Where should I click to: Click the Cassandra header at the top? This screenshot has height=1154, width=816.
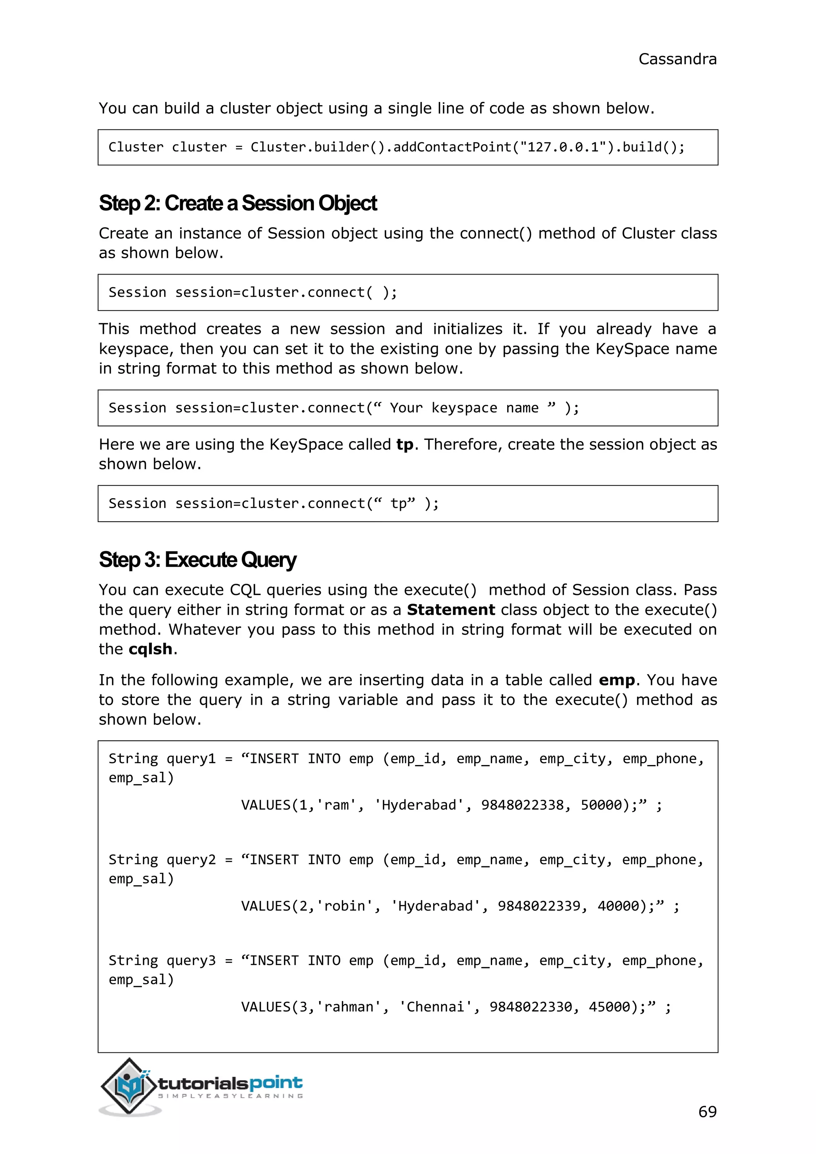click(x=677, y=59)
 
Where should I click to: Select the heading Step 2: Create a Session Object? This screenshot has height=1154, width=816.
click(x=237, y=204)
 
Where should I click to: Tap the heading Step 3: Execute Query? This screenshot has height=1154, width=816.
click(x=198, y=560)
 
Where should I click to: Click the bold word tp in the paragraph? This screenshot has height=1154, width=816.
click(x=404, y=445)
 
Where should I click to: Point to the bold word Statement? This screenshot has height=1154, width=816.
click(x=451, y=610)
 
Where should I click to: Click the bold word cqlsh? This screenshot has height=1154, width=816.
click(x=150, y=650)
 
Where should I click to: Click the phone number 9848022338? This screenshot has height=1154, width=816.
click(x=522, y=805)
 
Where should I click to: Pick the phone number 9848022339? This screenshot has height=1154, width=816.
click(x=539, y=906)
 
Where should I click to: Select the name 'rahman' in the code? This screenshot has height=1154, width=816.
click(x=349, y=1007)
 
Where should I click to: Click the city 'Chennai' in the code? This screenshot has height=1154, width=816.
click(x=435, y=1007)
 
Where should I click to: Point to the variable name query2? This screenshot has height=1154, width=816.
click(x=191, y=860)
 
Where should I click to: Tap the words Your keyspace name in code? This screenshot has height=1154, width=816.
click(x=464, y=408)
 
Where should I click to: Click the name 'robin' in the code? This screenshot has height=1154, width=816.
click(x=344, y=906)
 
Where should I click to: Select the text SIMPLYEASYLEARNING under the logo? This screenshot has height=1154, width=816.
click(x=231, y=1096)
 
